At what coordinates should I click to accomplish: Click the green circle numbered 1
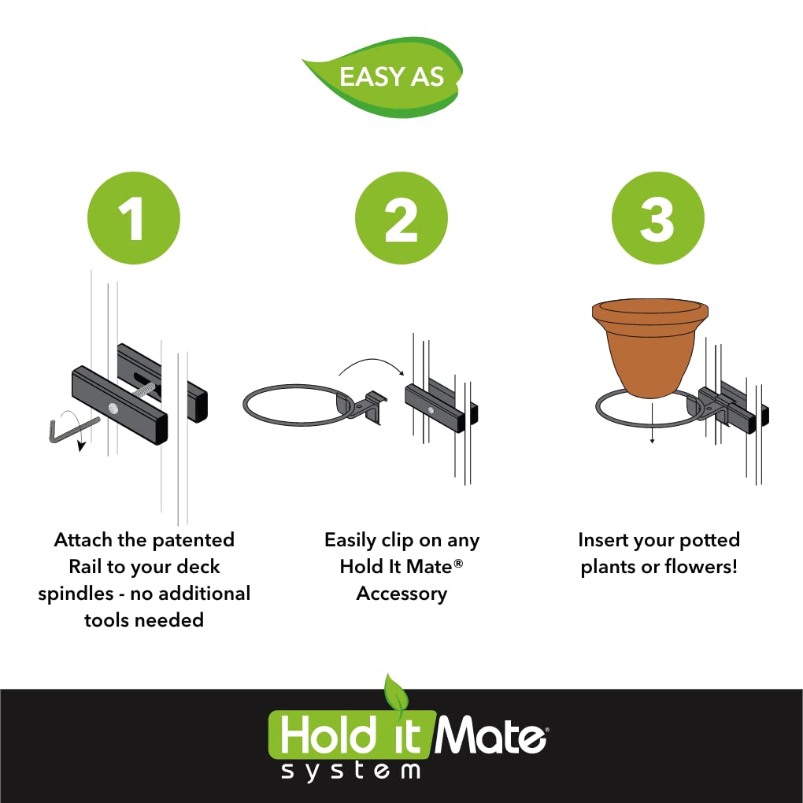pyautogui.click(x=134, y=218)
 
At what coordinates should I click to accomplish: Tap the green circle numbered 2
pyautogui.click(x=401, y=218)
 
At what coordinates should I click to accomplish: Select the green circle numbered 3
pyautogui.click(x=657, y=218)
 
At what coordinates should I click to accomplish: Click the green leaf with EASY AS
pyautogui.click(x=384, y=77)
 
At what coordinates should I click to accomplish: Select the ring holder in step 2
pyautogui.click(x=313, y=405)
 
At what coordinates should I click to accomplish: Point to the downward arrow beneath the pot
pyautogui.click(x=652, y=423)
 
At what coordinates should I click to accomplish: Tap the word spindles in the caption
pyautogui.click(x=76, y=594)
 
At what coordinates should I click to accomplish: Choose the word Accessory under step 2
pyautogui.click(x=401, y=594)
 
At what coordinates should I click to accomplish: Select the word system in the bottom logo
pyautogui.click(x=351, y=771)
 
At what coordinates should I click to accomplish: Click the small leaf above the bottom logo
pyautogui.click(x=396, y=691)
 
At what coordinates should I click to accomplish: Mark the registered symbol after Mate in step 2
pyautogui.click(x=458, y=564)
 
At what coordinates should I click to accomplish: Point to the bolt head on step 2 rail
pyautogui.click(x=431, y=410)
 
